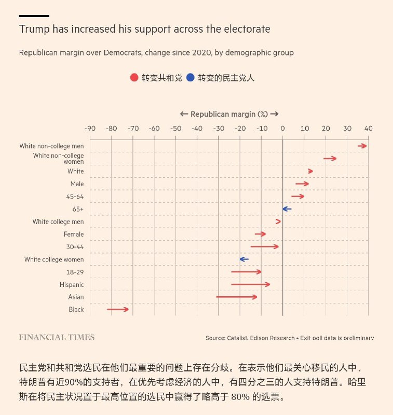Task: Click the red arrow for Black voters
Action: (118, 310)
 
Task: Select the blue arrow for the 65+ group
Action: (287, 209)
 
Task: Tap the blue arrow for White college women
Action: (244, 259)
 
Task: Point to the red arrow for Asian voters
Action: (237, 297)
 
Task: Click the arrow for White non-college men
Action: (362, 146)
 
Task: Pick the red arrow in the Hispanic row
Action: (251, 284)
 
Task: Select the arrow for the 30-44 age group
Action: (265, 247)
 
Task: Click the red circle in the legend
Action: (134, 78)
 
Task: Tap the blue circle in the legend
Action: (191, 78)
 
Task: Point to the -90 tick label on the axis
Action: (89, 128)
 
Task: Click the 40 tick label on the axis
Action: (369, 128)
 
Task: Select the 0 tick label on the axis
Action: (283, 128)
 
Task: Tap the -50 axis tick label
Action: (175, 128)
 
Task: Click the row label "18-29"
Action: (75, 272)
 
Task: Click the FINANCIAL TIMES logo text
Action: (57, 337)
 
